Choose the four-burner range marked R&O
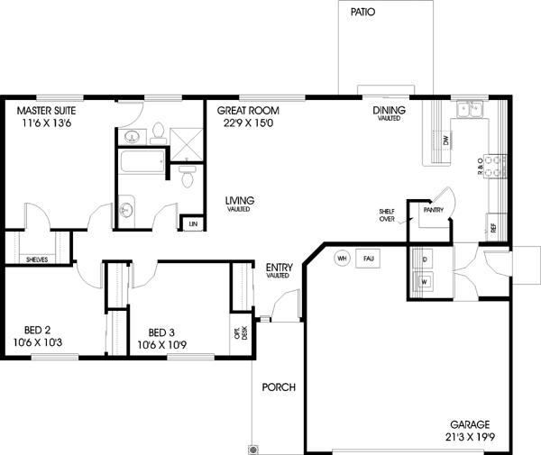493,164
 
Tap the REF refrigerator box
493,227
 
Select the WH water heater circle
342,259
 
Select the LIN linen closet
191,222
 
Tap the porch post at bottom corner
253,448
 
